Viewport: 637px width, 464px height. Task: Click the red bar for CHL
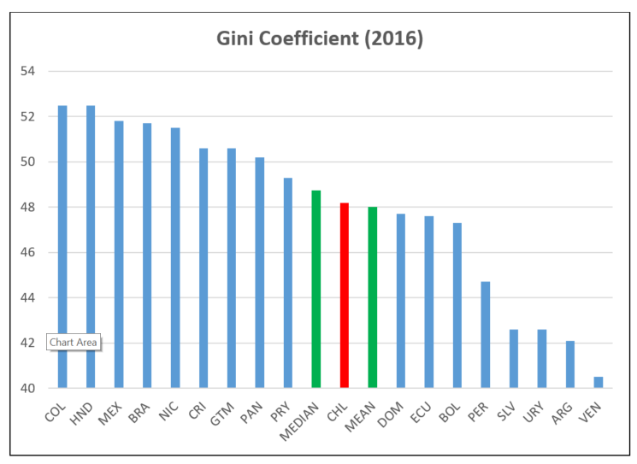345,296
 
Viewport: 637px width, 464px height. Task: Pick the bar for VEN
599,383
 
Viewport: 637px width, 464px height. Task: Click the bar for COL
62,247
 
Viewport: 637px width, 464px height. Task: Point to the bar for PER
486,335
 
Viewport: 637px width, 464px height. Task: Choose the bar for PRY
288,283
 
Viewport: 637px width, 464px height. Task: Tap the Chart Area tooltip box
74,343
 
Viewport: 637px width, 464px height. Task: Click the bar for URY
542,359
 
